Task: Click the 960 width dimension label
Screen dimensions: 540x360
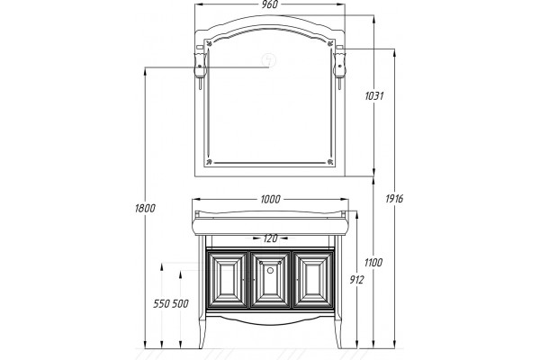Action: pos(270,4)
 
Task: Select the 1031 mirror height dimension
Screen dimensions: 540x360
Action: pos(374,95)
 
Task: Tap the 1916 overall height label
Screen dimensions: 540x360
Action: pos(394,198)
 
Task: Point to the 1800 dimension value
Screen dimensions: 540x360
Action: pos(145,208)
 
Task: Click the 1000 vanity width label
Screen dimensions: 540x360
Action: pos(270,199)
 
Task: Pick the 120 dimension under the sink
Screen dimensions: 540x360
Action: pos(270,238)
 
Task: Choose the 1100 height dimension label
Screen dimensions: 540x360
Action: pos(373,263)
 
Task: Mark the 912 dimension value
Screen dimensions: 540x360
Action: pos(356,280)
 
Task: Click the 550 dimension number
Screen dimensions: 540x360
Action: pos(161,304)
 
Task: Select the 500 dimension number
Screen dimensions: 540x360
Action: pos(180,304)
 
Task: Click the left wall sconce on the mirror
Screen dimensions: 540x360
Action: pos(201,67)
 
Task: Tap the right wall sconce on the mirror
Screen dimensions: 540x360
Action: pos(339,67)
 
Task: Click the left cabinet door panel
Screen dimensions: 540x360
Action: pos(228,280)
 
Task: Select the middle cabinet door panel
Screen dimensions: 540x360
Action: pos(270,280)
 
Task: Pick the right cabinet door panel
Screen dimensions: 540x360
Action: pos(313,280)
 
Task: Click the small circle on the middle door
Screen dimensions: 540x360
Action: pos(270,270)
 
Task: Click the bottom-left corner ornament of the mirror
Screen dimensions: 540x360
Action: pos(209,162)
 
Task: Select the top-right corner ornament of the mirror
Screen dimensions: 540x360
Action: pos(330,43)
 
